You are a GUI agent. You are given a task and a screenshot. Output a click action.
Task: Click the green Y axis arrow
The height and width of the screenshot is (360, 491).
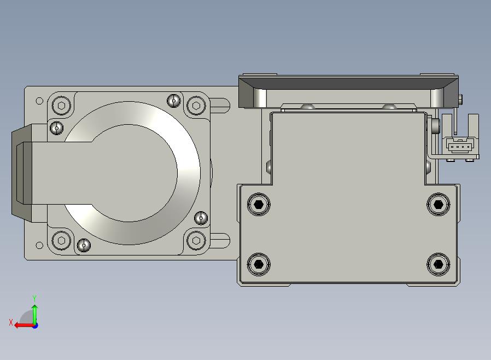click(x=35, y=314)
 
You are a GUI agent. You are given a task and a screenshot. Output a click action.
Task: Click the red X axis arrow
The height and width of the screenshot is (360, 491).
click(x=25, y=326)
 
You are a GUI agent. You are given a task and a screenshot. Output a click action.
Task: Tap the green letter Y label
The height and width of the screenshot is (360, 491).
click(x=34, y=298)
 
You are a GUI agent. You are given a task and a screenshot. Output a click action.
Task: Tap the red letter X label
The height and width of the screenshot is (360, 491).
click(x=11, y=322)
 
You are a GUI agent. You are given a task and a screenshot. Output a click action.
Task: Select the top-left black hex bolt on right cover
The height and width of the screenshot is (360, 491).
click(x=259, y=205)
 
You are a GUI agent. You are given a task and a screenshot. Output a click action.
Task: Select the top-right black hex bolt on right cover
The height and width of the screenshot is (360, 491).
click(x=439, y=205)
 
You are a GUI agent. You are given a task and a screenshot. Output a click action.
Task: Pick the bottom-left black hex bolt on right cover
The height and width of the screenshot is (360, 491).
click(x=259, y=264)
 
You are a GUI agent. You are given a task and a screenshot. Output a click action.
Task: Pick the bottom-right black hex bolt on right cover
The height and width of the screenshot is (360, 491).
click(x=439, y=264)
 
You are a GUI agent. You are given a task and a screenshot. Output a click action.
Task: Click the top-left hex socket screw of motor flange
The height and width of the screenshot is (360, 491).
click(x=61, y=105)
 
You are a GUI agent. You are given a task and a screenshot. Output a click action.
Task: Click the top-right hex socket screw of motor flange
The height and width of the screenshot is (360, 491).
click(x=196, y=106)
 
